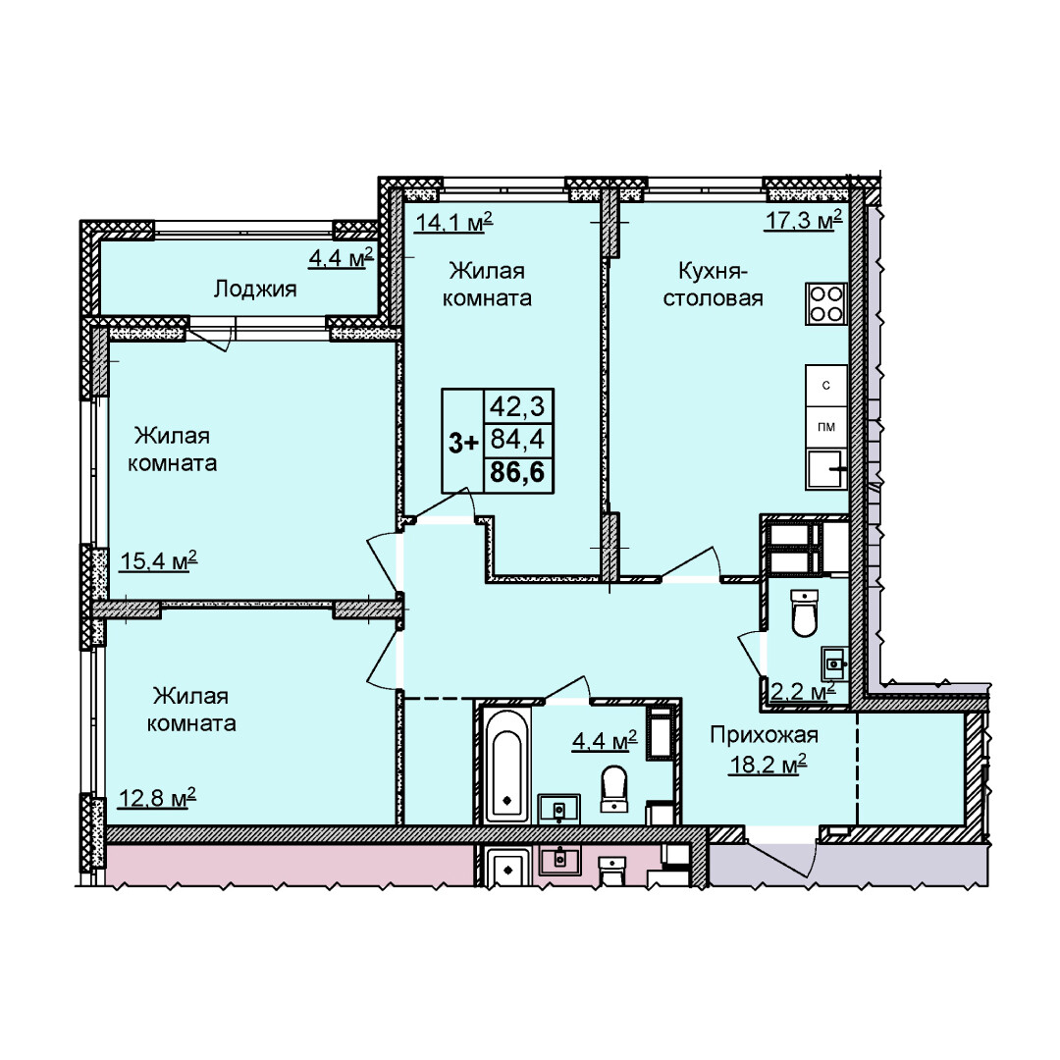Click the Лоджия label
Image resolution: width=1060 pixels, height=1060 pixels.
coord(255,290)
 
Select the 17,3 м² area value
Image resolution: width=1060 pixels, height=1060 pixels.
coord(803,220)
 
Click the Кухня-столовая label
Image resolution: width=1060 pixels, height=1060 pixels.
coord(713,285)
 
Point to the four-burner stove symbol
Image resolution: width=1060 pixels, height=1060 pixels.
coord(826,303)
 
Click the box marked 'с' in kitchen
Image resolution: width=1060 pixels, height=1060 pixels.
coord(826,386)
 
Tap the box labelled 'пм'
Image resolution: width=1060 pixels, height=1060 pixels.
coord(826,427)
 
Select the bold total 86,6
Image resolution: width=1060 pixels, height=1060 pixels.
coord(517,472)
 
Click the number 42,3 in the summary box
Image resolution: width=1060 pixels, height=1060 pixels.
coord(517,407)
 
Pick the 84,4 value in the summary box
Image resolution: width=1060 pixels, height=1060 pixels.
coord(517,440)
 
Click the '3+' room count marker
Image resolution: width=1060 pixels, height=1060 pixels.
coord(463,444)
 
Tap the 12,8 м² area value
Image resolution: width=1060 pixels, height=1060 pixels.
coord(157,798)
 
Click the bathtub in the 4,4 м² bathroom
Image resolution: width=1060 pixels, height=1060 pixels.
coord(507,766)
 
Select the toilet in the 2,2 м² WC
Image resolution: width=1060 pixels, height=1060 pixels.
coord(805,612)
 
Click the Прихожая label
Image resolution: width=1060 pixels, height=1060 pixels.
coord(764,734)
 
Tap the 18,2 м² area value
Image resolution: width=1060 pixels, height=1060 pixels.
coord(768,765)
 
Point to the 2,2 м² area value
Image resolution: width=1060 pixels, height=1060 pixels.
coord(804,692)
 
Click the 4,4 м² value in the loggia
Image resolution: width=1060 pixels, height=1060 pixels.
coord(342,257)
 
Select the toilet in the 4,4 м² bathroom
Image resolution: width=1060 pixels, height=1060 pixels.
coord(613,787)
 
